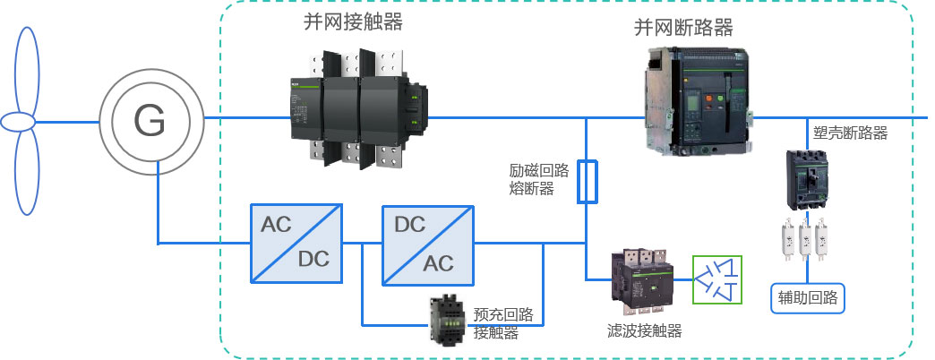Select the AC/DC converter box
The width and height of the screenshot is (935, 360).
(x=295, y=244)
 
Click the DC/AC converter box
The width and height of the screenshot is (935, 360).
(x=425, y=244)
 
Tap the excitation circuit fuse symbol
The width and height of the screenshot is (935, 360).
(x=586, y=181)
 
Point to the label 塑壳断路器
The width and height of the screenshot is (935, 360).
(x=850, y=133)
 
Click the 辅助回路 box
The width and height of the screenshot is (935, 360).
(x=807, y=298)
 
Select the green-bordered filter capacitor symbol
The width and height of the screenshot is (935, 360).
(x=718, y=279)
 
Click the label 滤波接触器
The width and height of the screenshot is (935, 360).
(x=644, y=331)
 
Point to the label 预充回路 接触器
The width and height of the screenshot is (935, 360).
(x=502, y=323)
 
